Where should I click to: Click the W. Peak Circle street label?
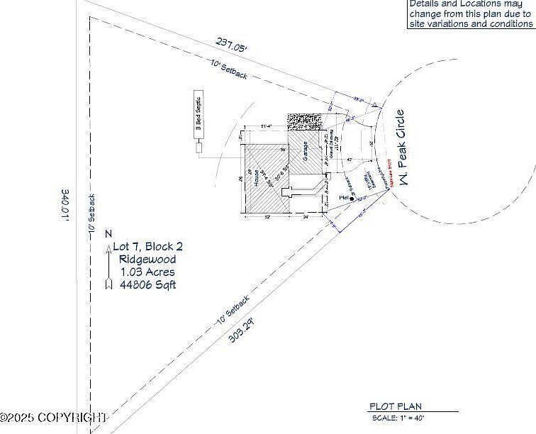(x=402, y=148)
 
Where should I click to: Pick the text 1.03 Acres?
(x=147, y=272)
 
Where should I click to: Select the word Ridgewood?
(x=147, y=260)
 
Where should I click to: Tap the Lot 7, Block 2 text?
(x=148, y=247)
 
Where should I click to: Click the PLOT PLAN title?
(x=395, y=406)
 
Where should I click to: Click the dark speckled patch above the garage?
(x=305, y=121)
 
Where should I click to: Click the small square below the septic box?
(x=199, y=149)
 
